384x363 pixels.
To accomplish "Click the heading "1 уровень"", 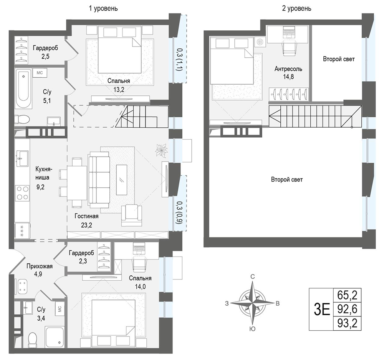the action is (x=103, y=8).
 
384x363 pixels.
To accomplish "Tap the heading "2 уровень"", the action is (x=296, y=8).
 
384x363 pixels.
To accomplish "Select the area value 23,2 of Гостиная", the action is (x=86, y=225).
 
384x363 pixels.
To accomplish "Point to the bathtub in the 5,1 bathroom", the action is (x=23, y=89).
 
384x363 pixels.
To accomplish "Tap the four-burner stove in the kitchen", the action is (x=22, y=193).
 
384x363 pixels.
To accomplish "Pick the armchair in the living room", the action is (x=131, y=215).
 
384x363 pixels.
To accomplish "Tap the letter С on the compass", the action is (x=253, y=276).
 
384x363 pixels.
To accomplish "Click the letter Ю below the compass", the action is (x=253, y=329).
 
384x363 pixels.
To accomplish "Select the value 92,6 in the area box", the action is (x=347, y=309).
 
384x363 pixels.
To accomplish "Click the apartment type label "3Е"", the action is (x=321, y=309).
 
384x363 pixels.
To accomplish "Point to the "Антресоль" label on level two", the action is (x=288, y=69).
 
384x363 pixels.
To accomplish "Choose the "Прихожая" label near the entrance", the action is (x=40, y=266).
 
